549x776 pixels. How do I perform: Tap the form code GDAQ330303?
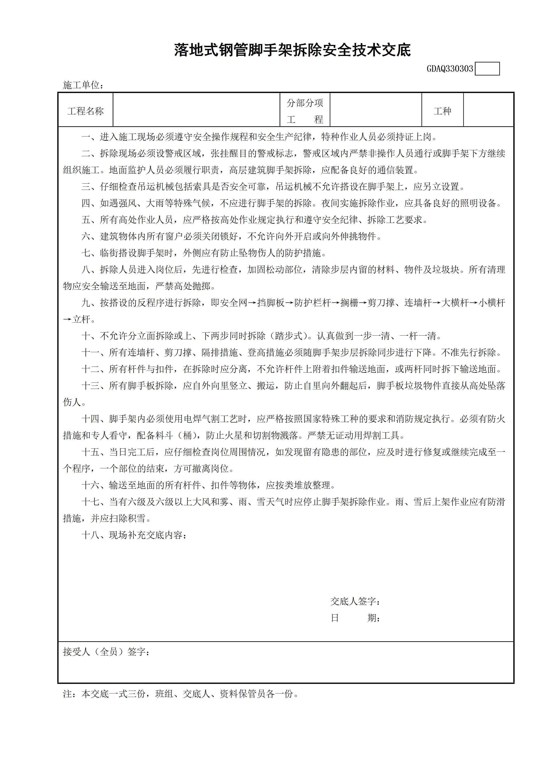(x=450, y=69)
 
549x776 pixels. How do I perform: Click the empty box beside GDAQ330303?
(x=487, y=69)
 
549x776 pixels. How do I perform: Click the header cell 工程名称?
(x=86, y=111)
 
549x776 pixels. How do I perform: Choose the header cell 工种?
(x=443, y=111)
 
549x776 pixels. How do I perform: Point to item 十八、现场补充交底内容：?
(x=134, y=535)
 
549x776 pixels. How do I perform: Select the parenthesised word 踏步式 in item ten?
(x=289, y=336)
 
